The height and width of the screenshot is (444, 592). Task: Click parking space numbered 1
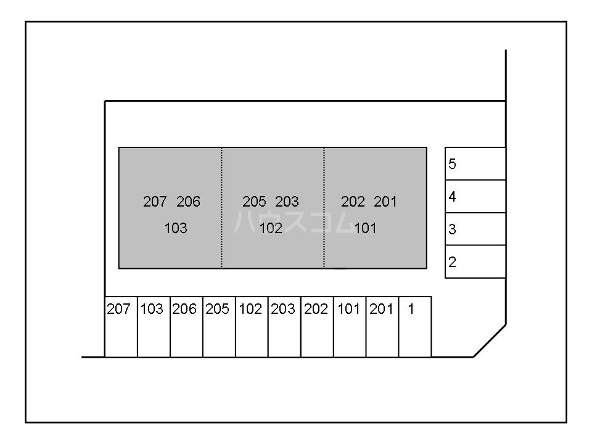tap(414, 327)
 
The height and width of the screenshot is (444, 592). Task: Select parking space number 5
tap(475, 164)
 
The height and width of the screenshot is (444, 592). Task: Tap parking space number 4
tap(475, 197)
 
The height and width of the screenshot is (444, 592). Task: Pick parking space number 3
tap(475, 229)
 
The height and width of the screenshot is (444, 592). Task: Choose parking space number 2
tap(475, 262)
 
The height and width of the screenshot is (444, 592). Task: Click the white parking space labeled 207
tap(121, 327)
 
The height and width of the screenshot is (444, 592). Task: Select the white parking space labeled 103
tap(154, 327)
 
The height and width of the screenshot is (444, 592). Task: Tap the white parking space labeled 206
tap(186, 327)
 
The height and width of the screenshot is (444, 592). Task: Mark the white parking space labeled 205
tap(219, 327)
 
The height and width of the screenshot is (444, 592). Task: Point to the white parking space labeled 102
tap(252, 327)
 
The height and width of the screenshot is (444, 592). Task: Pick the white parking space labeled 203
tap(284, 327)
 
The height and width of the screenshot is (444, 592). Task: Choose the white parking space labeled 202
tap(317, 327)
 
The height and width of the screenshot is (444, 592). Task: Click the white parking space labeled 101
tap(350, 327)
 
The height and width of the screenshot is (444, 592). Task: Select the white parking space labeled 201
tap(382, 327)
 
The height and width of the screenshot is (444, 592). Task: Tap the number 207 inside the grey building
tap(155, 202)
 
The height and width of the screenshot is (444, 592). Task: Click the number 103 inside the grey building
tap(176, 228)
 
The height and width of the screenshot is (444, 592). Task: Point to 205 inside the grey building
tap(254, 202)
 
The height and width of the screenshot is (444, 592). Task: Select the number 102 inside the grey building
tap(271, 228)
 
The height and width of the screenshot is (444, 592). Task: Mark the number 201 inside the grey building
tap(385, 202)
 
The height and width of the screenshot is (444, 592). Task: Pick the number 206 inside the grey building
tap(188, 202)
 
